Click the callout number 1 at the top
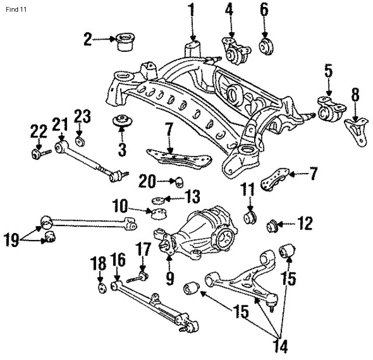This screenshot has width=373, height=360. [x=192, y=10]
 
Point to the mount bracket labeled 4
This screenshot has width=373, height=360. [x=234, y=54]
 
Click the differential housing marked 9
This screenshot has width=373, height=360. [x=198, y=233]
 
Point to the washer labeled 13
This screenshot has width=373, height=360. [x=158, y=201]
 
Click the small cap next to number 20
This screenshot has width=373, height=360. [x=180, y=178]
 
